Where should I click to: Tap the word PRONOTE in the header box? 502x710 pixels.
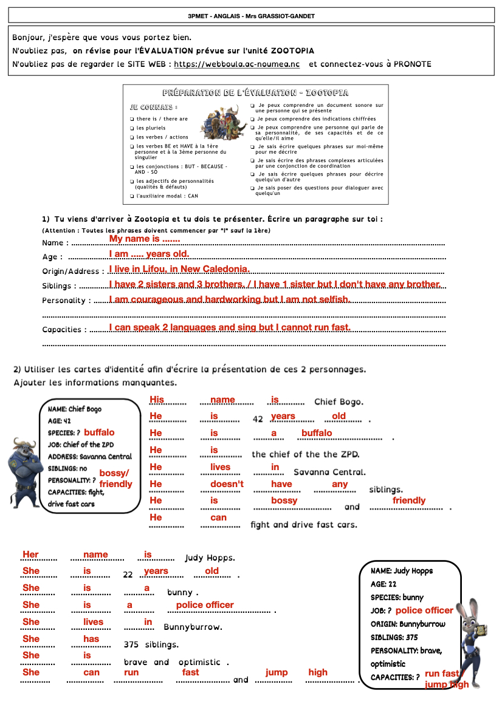click(x=413, y=64)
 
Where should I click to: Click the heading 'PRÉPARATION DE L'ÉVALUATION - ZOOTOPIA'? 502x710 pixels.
click(x=255, y=93)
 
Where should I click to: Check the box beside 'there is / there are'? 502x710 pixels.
click(x=132, y=119)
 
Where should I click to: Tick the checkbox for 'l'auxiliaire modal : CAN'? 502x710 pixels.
click(x=132, y=196)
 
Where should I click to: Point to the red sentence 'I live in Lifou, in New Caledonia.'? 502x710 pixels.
click(x=179, y=269)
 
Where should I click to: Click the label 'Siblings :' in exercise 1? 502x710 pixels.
click(x=60, y=286)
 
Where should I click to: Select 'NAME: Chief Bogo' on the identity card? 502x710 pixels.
click(x=75, y=409)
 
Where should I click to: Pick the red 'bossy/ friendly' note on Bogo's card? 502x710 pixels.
click(x=115, y=479)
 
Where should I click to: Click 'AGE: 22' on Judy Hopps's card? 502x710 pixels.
click(x=383, y=584)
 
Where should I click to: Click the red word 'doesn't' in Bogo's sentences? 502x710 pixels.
click(x=227, y=484)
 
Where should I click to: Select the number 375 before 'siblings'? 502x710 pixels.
click(x=134, y=644)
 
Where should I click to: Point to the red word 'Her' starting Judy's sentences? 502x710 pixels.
click(x=30, y=555)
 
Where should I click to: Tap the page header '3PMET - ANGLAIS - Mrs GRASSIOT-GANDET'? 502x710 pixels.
click(x=251, y=16)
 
